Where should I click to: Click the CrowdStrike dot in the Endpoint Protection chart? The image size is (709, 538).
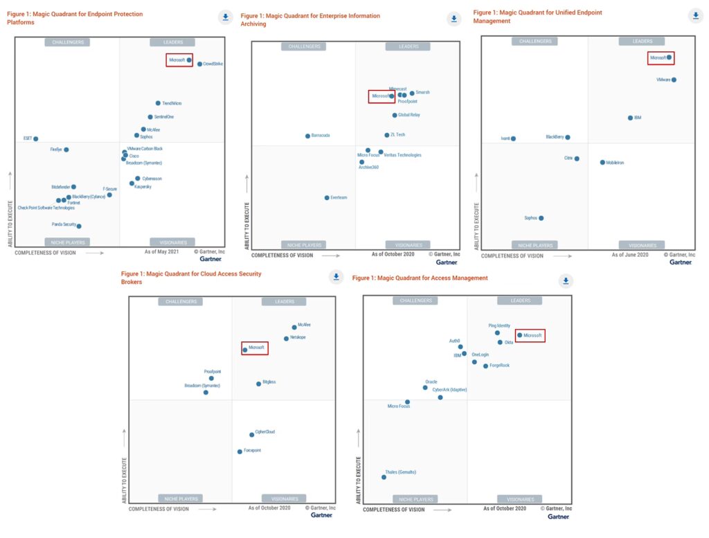pyautogui.click(x=199, y=64)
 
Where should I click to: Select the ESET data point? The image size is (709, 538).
pyautogui.click(x=36, y=139)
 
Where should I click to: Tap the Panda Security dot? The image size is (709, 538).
pyautogui.click(x=79, y=226)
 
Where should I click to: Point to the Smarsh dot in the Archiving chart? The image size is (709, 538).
pyautogui.click(x=412, y=93)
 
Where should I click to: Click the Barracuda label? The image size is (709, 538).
pyautogui.click(x=321, y=136)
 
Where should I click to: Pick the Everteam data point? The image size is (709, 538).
pyautogui.click(x=327, y=197)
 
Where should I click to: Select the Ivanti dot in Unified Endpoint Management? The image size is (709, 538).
pyautogui.click(x=513, y=138)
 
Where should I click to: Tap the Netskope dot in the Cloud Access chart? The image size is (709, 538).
pyautogui.click(x=286, y=339)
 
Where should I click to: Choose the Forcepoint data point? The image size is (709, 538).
pyautogui.click(x=240, y=451)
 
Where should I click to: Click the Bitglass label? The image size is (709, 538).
pyautogui.click(x=269, y=382)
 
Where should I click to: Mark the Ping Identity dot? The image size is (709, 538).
pyautogui.click(x=497, y=332)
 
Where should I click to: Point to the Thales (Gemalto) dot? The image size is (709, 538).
pyautogui.click(x=384, y=477)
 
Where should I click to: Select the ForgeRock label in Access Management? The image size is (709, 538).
pyautogui.click(x=499, y=366)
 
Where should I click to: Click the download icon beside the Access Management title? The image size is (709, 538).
pyautogui.click(x=566, y=280)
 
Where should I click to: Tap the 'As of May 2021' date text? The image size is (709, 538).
pyautogui.click(x=163, y=253)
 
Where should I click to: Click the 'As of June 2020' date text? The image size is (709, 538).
pyautogui.click(x=630, y=255)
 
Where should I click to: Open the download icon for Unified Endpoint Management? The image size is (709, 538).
pyautogui.click(x=695, y=15)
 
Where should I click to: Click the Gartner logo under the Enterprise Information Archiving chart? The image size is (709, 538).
pyautogui.click(x=447, y=262)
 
